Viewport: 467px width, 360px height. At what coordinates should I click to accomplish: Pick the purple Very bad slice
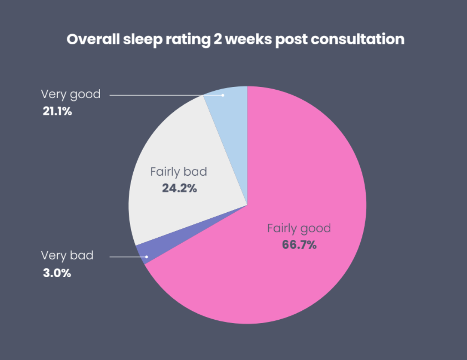[141, 253]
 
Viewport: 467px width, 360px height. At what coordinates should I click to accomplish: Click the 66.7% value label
[299, 245]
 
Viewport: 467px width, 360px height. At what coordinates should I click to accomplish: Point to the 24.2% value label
[179, 188]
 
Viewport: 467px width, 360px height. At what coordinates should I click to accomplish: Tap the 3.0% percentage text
[57, 273]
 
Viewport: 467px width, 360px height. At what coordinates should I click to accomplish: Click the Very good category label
[71, 94]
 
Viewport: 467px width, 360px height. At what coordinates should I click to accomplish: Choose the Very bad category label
[67, 255]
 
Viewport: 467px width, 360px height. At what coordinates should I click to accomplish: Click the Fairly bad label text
[179, 172]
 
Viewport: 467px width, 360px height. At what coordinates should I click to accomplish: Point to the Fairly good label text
[299, 228]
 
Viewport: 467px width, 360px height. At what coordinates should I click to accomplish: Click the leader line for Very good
[162, 95]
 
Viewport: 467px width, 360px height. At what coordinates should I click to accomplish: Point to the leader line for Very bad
[127, 257]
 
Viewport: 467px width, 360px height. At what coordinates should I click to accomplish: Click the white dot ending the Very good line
[223, 95]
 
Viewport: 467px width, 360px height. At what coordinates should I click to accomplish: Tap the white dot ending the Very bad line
[147, 257]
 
